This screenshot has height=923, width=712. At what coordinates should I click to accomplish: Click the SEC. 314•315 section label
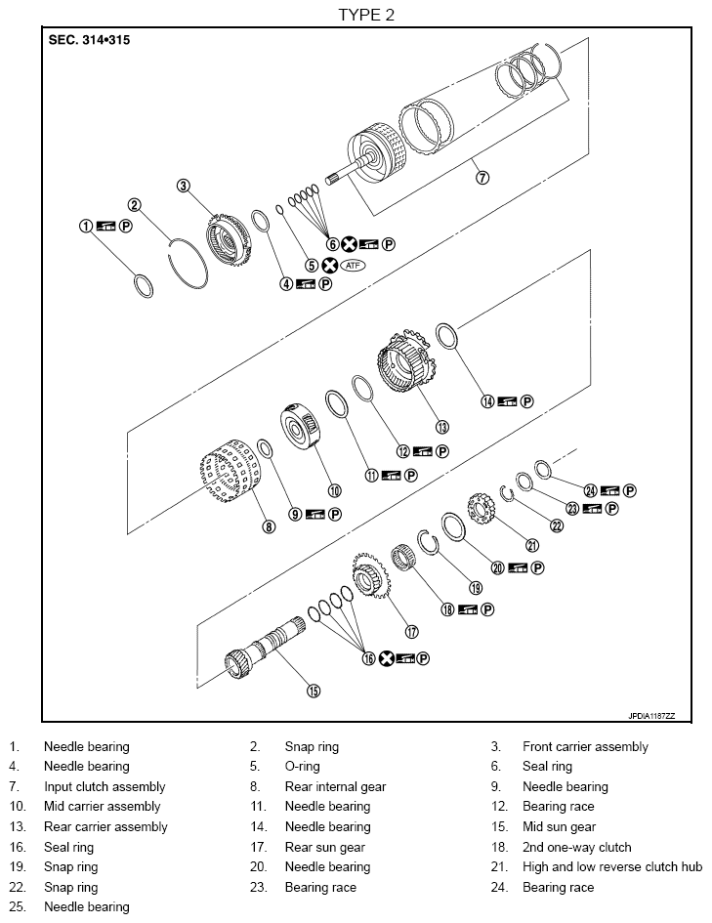(89, 41)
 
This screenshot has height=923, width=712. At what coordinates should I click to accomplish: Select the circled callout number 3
(184, 187)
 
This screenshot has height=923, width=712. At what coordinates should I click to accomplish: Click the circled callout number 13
(441, 426)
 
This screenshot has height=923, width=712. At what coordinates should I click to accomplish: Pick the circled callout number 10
(334, 490)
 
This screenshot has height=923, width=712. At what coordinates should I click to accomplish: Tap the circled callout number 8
(269, 526)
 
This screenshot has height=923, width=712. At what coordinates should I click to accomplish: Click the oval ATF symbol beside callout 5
(352, 265)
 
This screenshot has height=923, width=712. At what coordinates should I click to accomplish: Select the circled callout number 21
(532, 545)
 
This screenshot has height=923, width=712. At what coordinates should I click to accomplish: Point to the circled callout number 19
(476, 588)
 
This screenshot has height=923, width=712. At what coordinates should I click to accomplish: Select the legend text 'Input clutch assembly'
(105, 786)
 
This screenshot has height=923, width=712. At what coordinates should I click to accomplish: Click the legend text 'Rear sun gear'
(324, 847)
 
